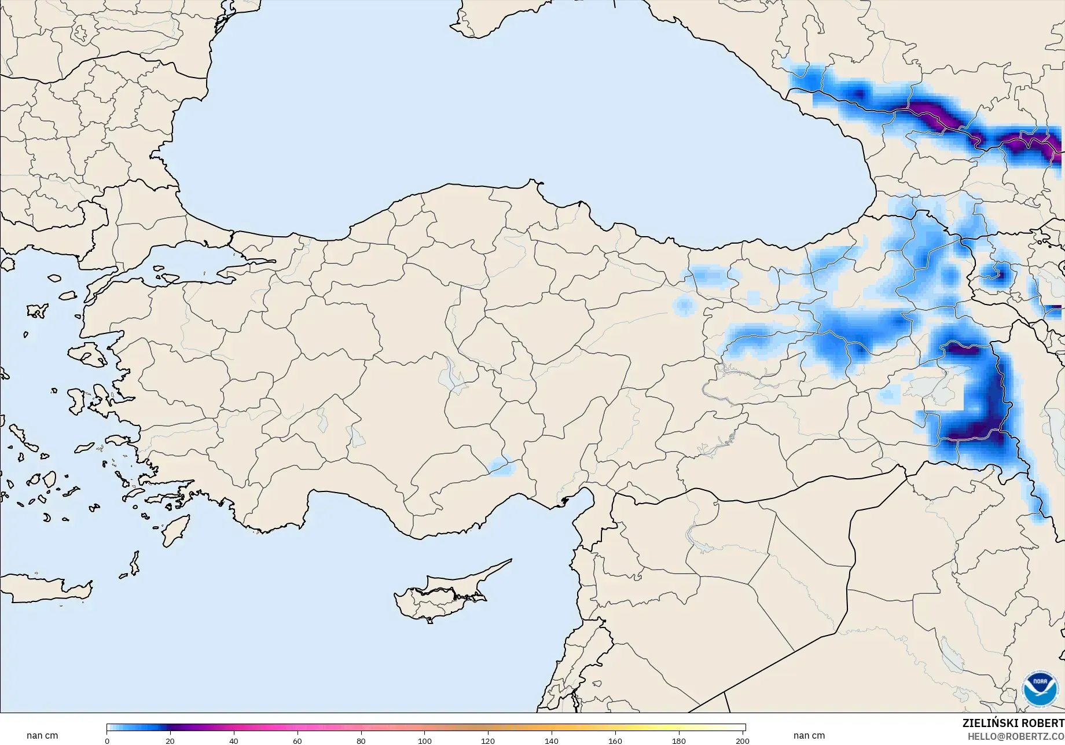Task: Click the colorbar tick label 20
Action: pos(170,740)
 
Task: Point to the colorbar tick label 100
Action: pos(425,740)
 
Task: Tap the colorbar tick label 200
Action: pos(743,740)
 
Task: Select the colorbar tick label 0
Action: pos(107,740)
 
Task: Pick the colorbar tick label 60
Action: pos(298,740)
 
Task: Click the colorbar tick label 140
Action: pos(552,740)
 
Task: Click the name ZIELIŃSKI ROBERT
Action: pos(1013,723)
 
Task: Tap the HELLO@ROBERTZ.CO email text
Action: pos(1016,736)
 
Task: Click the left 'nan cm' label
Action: pos(42,736)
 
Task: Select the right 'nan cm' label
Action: pos(809,736)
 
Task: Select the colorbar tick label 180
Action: pos(679,740)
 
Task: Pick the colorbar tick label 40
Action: pos(234,740)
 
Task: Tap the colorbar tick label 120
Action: pos(488,740)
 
